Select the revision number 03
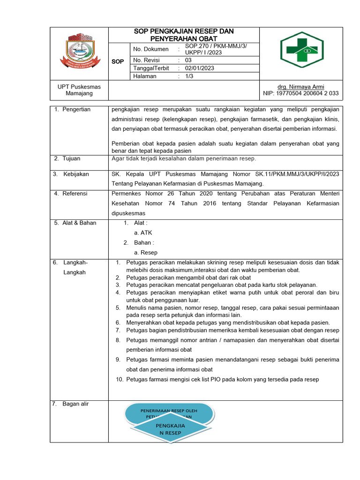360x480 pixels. coord(188,60)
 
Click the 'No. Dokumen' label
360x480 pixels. coord(150,49)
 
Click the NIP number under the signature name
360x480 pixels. coord(300,93)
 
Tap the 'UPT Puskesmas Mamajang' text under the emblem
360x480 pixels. coord(79,90)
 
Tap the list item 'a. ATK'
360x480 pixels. coord(143,232)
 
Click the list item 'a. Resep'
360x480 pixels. coord(145,253)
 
